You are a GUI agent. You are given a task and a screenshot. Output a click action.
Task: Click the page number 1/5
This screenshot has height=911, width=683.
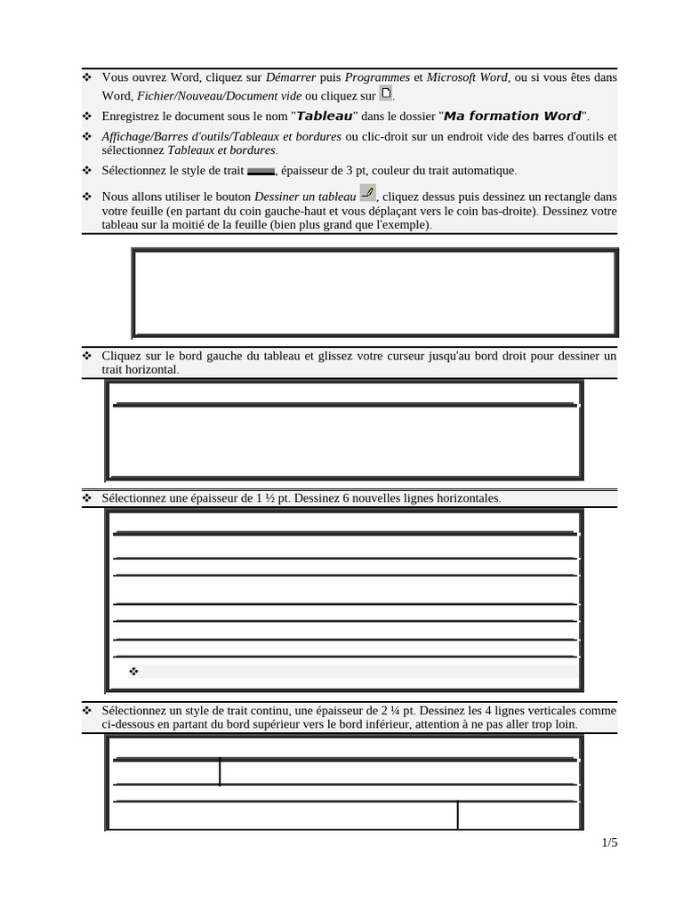609,842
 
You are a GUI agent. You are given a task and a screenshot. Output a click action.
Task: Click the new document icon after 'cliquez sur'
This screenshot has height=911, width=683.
385,93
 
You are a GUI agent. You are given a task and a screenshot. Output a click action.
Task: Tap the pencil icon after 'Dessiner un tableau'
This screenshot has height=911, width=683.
367,193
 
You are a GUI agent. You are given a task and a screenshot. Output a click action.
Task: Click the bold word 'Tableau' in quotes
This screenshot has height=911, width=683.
325,117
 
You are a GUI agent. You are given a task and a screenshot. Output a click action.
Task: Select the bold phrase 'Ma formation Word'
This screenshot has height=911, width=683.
512,117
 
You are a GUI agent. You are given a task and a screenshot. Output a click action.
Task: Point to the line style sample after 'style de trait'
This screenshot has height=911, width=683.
261,171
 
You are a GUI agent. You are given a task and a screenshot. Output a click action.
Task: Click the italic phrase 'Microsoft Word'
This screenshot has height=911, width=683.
467,77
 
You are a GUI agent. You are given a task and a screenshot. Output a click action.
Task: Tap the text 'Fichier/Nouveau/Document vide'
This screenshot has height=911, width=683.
221,96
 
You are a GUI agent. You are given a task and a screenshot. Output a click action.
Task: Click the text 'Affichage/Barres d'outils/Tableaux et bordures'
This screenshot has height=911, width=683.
221,136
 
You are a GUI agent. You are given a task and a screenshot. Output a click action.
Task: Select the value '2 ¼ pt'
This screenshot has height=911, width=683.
398,711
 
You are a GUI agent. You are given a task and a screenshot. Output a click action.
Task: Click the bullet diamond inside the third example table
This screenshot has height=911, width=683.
133,672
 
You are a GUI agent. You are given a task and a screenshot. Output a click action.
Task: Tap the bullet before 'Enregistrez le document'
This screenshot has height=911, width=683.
87,117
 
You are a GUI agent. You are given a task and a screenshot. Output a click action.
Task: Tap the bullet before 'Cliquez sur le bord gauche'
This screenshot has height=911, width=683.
87,356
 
